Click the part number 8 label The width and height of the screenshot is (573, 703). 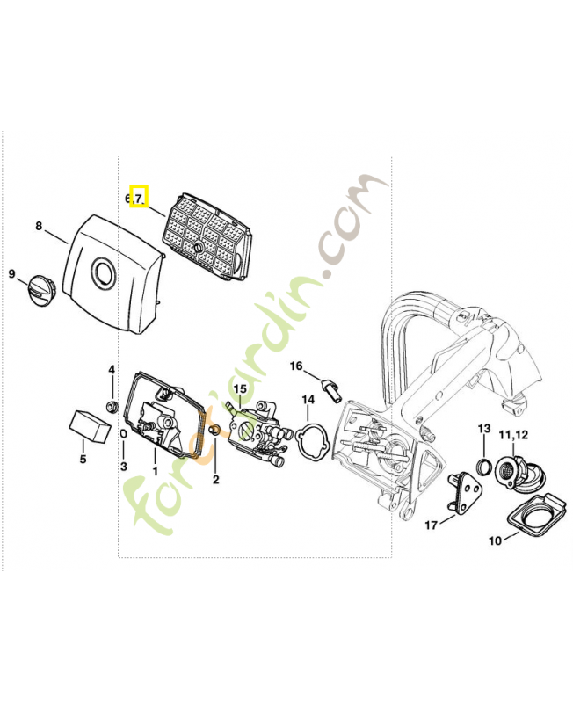pos(39,226)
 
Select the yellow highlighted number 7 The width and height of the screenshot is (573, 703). pos(139,197)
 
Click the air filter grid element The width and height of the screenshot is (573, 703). pos(207,238)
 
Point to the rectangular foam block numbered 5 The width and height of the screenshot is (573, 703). pos(90,425)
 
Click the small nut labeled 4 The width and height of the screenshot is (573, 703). pos(111,407)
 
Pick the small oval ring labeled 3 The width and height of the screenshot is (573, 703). pos(123,434)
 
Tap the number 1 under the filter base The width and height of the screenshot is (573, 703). pos(156,471)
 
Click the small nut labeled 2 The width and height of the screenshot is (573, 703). pos(214,431)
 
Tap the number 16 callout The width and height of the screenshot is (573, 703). pos(296,366)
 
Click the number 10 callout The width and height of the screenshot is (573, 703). pos(495,540)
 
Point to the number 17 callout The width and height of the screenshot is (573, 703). pos(431,525)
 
